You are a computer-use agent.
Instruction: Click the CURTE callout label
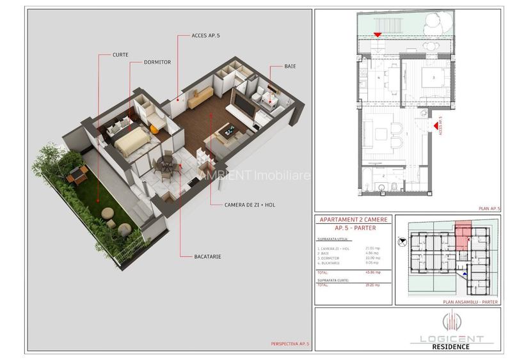(120, 55)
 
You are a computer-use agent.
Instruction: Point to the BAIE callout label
(294, 65)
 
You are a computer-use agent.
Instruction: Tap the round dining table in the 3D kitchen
(168, 168)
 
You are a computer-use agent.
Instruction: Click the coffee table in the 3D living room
(226, 134)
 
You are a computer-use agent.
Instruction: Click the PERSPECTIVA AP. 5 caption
(289, 344)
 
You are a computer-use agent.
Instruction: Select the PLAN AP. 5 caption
(490, 208)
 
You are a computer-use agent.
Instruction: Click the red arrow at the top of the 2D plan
(378, 35)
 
